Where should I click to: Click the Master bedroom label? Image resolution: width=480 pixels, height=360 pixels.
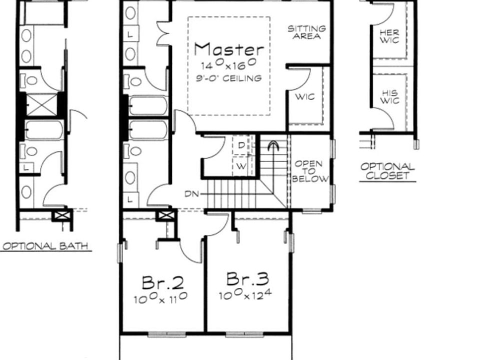(229, 49)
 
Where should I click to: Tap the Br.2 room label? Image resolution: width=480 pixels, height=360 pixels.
(163, 282)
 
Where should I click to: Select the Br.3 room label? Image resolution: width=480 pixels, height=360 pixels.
(248, 279)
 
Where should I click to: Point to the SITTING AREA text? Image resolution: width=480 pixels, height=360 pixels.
(306, 32)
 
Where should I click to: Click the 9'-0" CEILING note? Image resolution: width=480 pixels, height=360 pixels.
(228, 78)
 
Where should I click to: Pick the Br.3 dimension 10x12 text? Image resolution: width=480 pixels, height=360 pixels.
(245, 294)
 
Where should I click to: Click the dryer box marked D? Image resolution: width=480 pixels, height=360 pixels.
(241, 145)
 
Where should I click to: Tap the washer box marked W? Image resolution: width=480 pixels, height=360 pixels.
(241, 166)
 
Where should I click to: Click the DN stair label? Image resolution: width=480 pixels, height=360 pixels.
(192, 194)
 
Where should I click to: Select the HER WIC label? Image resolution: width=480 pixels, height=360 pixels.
(389, 36)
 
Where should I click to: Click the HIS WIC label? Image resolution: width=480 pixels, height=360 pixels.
(389, 96)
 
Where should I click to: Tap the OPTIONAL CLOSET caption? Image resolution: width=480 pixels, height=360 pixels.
(387, 171)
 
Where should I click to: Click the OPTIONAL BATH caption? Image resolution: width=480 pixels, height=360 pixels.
(45, 246)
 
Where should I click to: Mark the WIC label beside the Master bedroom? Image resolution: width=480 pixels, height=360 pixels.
(305, 97)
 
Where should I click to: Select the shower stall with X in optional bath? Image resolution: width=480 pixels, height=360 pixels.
(41, 104)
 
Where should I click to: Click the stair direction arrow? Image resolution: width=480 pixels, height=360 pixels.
(273, 146)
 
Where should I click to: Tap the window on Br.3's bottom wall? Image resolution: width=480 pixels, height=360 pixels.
(244, 334)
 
